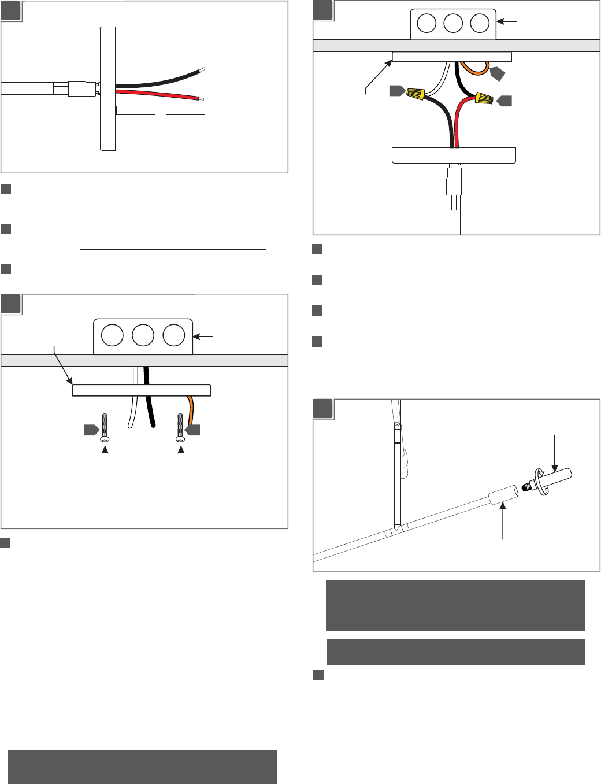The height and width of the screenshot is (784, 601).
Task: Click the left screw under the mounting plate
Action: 105,428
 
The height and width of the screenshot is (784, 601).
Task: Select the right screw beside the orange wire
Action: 181,428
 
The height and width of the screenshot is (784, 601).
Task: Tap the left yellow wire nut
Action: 416,93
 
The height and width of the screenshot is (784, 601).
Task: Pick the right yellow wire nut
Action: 484,99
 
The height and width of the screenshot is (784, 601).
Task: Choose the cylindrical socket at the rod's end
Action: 502,497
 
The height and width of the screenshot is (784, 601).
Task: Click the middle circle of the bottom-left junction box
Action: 143,335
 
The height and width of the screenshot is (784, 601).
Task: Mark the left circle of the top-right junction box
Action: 426,23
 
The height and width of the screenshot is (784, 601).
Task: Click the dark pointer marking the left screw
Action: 91,430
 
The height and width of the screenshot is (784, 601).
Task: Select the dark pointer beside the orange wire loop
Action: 498,74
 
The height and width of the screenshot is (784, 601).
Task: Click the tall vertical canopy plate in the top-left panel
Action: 107,88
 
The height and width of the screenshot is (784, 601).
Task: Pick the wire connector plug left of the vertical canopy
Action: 81,88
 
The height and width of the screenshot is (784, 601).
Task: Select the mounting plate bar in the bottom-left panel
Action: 141,390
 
